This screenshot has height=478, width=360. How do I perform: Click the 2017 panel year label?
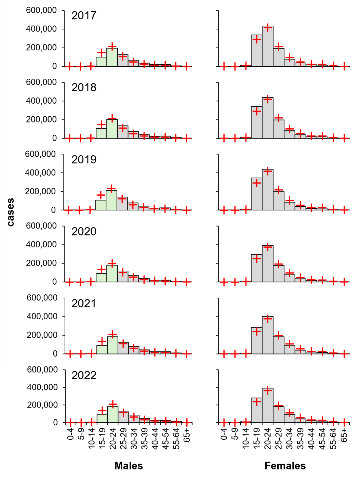click(x=84, y=16)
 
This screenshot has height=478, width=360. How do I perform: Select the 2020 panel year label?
click(x=84, y=232)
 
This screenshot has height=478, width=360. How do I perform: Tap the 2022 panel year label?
click(x=84, y=375)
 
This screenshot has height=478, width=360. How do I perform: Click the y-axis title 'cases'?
click(x=11, y=212)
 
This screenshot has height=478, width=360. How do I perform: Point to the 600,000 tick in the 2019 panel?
click(x=40, y=154)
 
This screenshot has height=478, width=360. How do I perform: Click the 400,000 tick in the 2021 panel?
click(x=42, y=316)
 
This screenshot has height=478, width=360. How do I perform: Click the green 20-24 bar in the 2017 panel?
click(x=112, y=57)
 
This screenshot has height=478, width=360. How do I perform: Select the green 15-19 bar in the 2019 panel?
click(x=101, y=205)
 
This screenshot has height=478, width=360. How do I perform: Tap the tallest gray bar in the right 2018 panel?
click(x=268, y=118)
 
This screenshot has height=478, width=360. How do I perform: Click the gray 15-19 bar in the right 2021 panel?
click(x=257, y=341)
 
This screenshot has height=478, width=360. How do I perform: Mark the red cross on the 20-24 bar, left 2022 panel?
click(x=112, y=405)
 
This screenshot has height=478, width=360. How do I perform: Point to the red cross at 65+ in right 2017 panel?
click(x=344, y=66)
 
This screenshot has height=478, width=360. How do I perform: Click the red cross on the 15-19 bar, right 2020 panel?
click(x=257, y=258)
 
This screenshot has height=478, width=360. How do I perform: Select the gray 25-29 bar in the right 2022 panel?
click(x=279, y=415)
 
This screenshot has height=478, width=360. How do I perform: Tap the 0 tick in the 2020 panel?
click(x=54, y=282)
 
